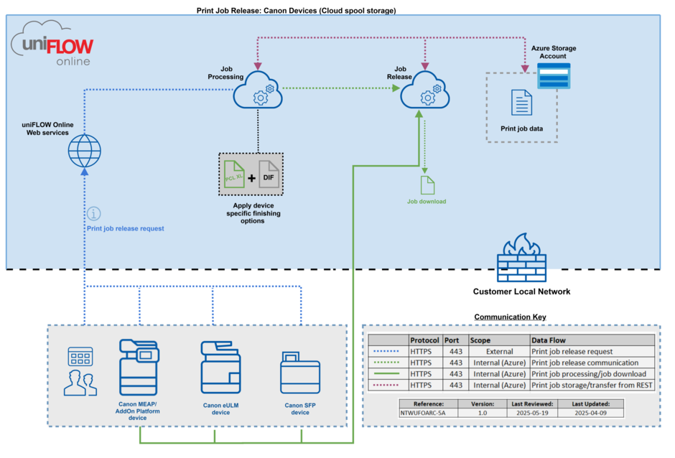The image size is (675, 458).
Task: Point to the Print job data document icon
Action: (x=521, y=103)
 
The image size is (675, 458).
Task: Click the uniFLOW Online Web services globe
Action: (x=85, y=151)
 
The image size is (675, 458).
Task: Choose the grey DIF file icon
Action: (x=269, y=174)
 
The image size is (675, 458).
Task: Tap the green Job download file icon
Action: (x=427, y=185)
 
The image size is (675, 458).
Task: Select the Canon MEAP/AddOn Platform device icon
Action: (x=139, y=367)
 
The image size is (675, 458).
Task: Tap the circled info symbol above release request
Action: (x=94, y=213)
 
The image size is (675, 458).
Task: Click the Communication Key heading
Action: (x=510, y=317)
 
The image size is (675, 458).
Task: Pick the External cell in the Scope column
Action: (x=499, y=352)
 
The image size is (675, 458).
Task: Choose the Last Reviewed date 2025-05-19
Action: (x=532, y=413)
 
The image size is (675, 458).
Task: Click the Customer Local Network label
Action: (x=521, y=291)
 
